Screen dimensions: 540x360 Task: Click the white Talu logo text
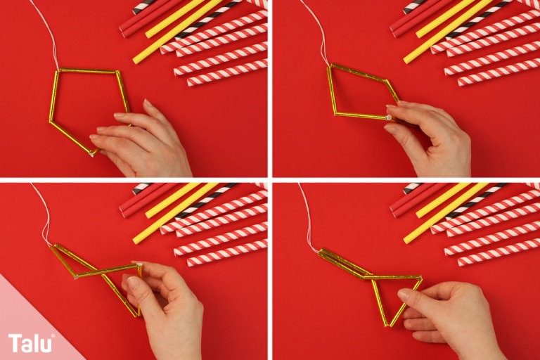click(x=31, y=343)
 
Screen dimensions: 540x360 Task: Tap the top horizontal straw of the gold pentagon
click(x=87, y=71)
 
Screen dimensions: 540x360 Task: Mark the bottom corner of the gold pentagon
click(x=91, y=154)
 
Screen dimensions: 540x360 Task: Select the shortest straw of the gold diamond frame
click(x=392, y=90)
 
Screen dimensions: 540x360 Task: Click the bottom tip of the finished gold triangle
click(x=386, y=325)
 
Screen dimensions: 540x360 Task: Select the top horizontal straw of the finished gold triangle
click(x=392, y=276)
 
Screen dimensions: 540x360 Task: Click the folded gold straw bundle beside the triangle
click(x=342, y=264)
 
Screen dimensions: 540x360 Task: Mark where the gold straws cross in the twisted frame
click(x=98, y=272)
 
